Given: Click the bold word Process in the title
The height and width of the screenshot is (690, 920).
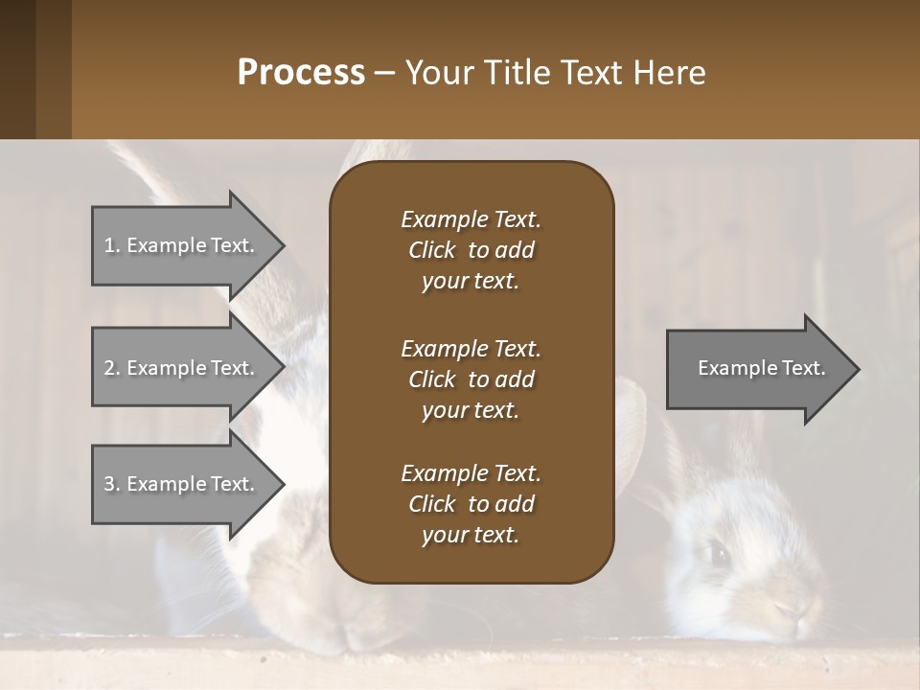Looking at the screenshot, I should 301,73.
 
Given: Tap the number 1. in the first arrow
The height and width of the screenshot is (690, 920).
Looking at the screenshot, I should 112,245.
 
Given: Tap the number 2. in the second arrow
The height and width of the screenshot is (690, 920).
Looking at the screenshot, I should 112,368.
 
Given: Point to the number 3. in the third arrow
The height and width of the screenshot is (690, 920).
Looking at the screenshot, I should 112,484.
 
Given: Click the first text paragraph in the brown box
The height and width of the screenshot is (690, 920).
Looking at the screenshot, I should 471,250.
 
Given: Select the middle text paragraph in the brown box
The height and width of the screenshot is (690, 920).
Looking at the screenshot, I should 471,379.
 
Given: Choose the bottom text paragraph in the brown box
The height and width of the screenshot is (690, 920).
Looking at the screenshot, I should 471,504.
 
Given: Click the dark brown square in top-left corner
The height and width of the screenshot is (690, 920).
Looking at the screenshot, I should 17,69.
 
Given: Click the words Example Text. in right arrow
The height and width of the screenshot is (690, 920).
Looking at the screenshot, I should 761,368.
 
